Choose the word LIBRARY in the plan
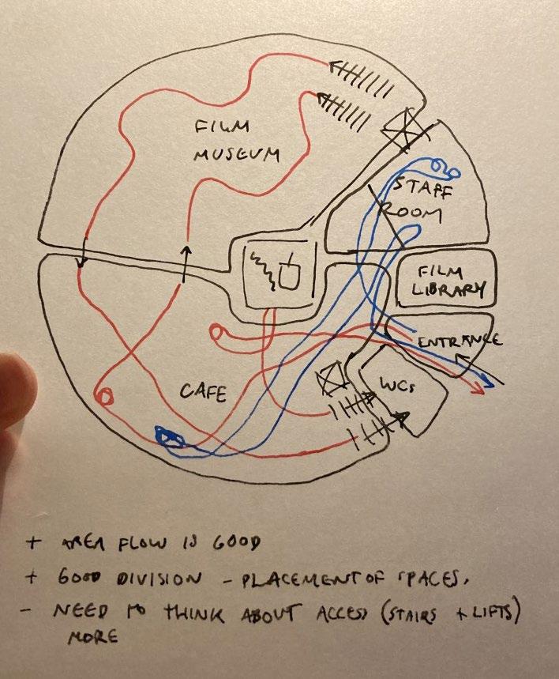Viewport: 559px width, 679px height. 448,290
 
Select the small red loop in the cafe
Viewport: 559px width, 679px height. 103,394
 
